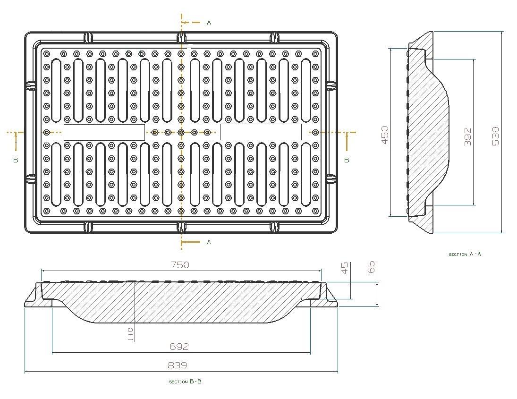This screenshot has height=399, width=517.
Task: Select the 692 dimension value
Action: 179,347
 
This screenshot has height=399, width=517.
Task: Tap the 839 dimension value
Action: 178,365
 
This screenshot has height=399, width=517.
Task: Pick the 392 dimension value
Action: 468,136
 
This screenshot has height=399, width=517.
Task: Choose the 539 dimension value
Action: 495,136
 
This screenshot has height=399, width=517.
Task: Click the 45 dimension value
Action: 345,268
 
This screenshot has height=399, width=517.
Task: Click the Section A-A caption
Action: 465,254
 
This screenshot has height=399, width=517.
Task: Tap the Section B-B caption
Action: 185,382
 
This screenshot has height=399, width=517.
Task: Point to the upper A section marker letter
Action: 209,23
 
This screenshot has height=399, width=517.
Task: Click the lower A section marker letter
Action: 209,242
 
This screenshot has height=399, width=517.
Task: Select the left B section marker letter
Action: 16,160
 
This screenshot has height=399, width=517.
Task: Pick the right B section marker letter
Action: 347,160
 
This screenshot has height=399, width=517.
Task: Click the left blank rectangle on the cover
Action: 104,132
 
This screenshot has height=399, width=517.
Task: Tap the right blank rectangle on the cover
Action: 261,132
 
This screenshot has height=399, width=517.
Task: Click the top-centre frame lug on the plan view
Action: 181,37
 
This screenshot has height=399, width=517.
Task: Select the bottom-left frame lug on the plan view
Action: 88,227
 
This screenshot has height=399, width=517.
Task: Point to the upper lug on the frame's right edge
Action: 331,85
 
